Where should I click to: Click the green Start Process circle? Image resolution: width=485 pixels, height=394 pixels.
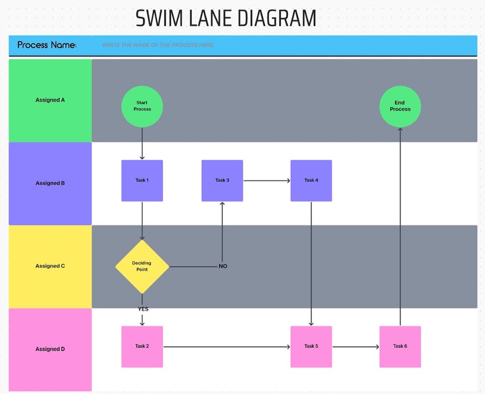(x=142, y=106)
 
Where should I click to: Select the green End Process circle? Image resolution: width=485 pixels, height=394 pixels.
(x=400, y=106)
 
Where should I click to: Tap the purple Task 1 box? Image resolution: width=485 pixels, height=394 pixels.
(x=142, y=181)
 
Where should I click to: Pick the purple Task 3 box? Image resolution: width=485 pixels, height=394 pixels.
(x=222, y=181)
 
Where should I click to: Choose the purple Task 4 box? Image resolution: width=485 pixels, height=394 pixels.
(x=311, y=181)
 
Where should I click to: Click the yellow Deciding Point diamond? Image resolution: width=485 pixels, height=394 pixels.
(x=142, y=266)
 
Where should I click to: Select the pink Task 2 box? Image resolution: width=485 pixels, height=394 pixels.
(x=142, y=347)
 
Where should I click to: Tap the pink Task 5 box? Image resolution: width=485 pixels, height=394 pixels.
(x=311, y=347)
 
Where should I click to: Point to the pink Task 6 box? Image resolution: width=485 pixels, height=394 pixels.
(x=400, y=347)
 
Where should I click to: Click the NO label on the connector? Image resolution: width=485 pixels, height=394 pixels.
(x=223, y=266)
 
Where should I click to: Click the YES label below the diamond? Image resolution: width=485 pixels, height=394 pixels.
(x=143, y=309)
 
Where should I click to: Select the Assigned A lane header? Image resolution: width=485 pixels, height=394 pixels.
(x=50, y=100)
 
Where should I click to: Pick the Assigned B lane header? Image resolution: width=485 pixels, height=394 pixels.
(x=50, y=183)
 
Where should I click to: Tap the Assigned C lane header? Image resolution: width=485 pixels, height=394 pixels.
(x=50, y=266)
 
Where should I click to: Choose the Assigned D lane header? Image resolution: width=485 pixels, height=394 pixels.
(x=50, y=349)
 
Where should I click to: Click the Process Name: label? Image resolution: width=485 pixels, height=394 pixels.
(x=47, y=45)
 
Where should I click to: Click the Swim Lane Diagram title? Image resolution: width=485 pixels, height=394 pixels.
(x=225, y=18)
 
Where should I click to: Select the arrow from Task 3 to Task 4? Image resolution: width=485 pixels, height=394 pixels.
(x=266, y=181)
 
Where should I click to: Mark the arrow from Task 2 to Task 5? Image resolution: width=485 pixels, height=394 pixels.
(x=226, y=347)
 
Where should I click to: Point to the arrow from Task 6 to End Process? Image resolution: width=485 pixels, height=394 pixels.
(x=400, y=227)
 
